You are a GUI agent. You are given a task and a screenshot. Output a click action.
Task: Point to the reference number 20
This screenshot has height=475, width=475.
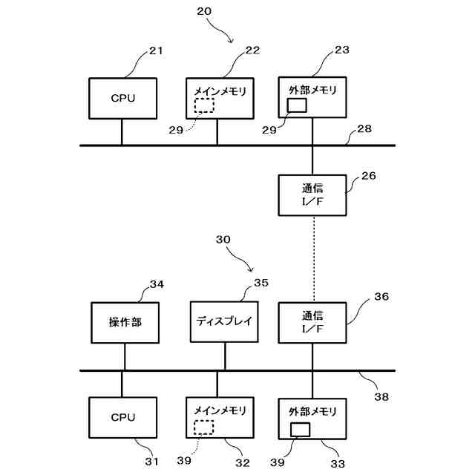point(204,12)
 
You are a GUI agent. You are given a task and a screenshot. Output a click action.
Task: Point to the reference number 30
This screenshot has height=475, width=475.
point(223,240)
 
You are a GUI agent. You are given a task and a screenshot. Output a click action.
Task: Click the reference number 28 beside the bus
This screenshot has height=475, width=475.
point(364,129)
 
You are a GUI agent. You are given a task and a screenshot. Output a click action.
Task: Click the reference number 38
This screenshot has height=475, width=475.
point(381,397)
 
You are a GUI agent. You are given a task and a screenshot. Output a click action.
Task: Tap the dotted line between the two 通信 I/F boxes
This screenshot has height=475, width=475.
point(314,259)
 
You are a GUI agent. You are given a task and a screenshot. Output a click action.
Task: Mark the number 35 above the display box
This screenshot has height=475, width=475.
point(261,283)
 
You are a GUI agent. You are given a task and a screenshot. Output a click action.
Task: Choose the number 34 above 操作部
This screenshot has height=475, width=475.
point(157,284)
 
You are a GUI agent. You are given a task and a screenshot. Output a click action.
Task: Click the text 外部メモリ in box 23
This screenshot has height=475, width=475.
point(312,90)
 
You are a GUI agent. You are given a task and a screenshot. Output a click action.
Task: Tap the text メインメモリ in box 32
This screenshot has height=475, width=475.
point(220,410)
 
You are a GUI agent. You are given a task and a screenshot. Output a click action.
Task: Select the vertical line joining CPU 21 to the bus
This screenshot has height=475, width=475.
point(122,132)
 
